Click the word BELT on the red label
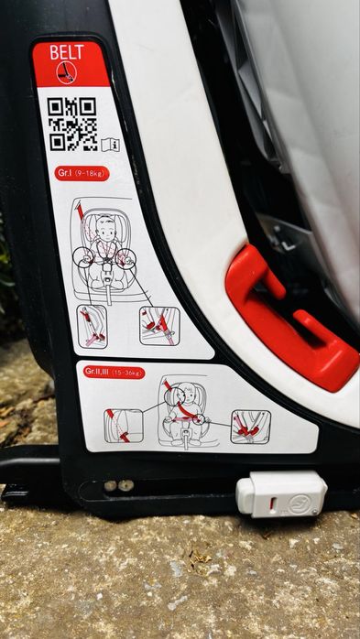[x=68, y=53]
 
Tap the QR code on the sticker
[x=72, y=123]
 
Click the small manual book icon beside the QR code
[x=111, y=144]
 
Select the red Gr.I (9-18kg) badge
[x=82, y=173]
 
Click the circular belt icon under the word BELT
[x=66, y=72]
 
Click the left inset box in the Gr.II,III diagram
[x=123, y=425]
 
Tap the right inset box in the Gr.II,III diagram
[x=250, y=426]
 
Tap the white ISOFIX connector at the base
[x=280, y=493]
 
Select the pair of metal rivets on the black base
[x=118, y=485]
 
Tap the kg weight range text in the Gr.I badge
[x=93, y=173]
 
